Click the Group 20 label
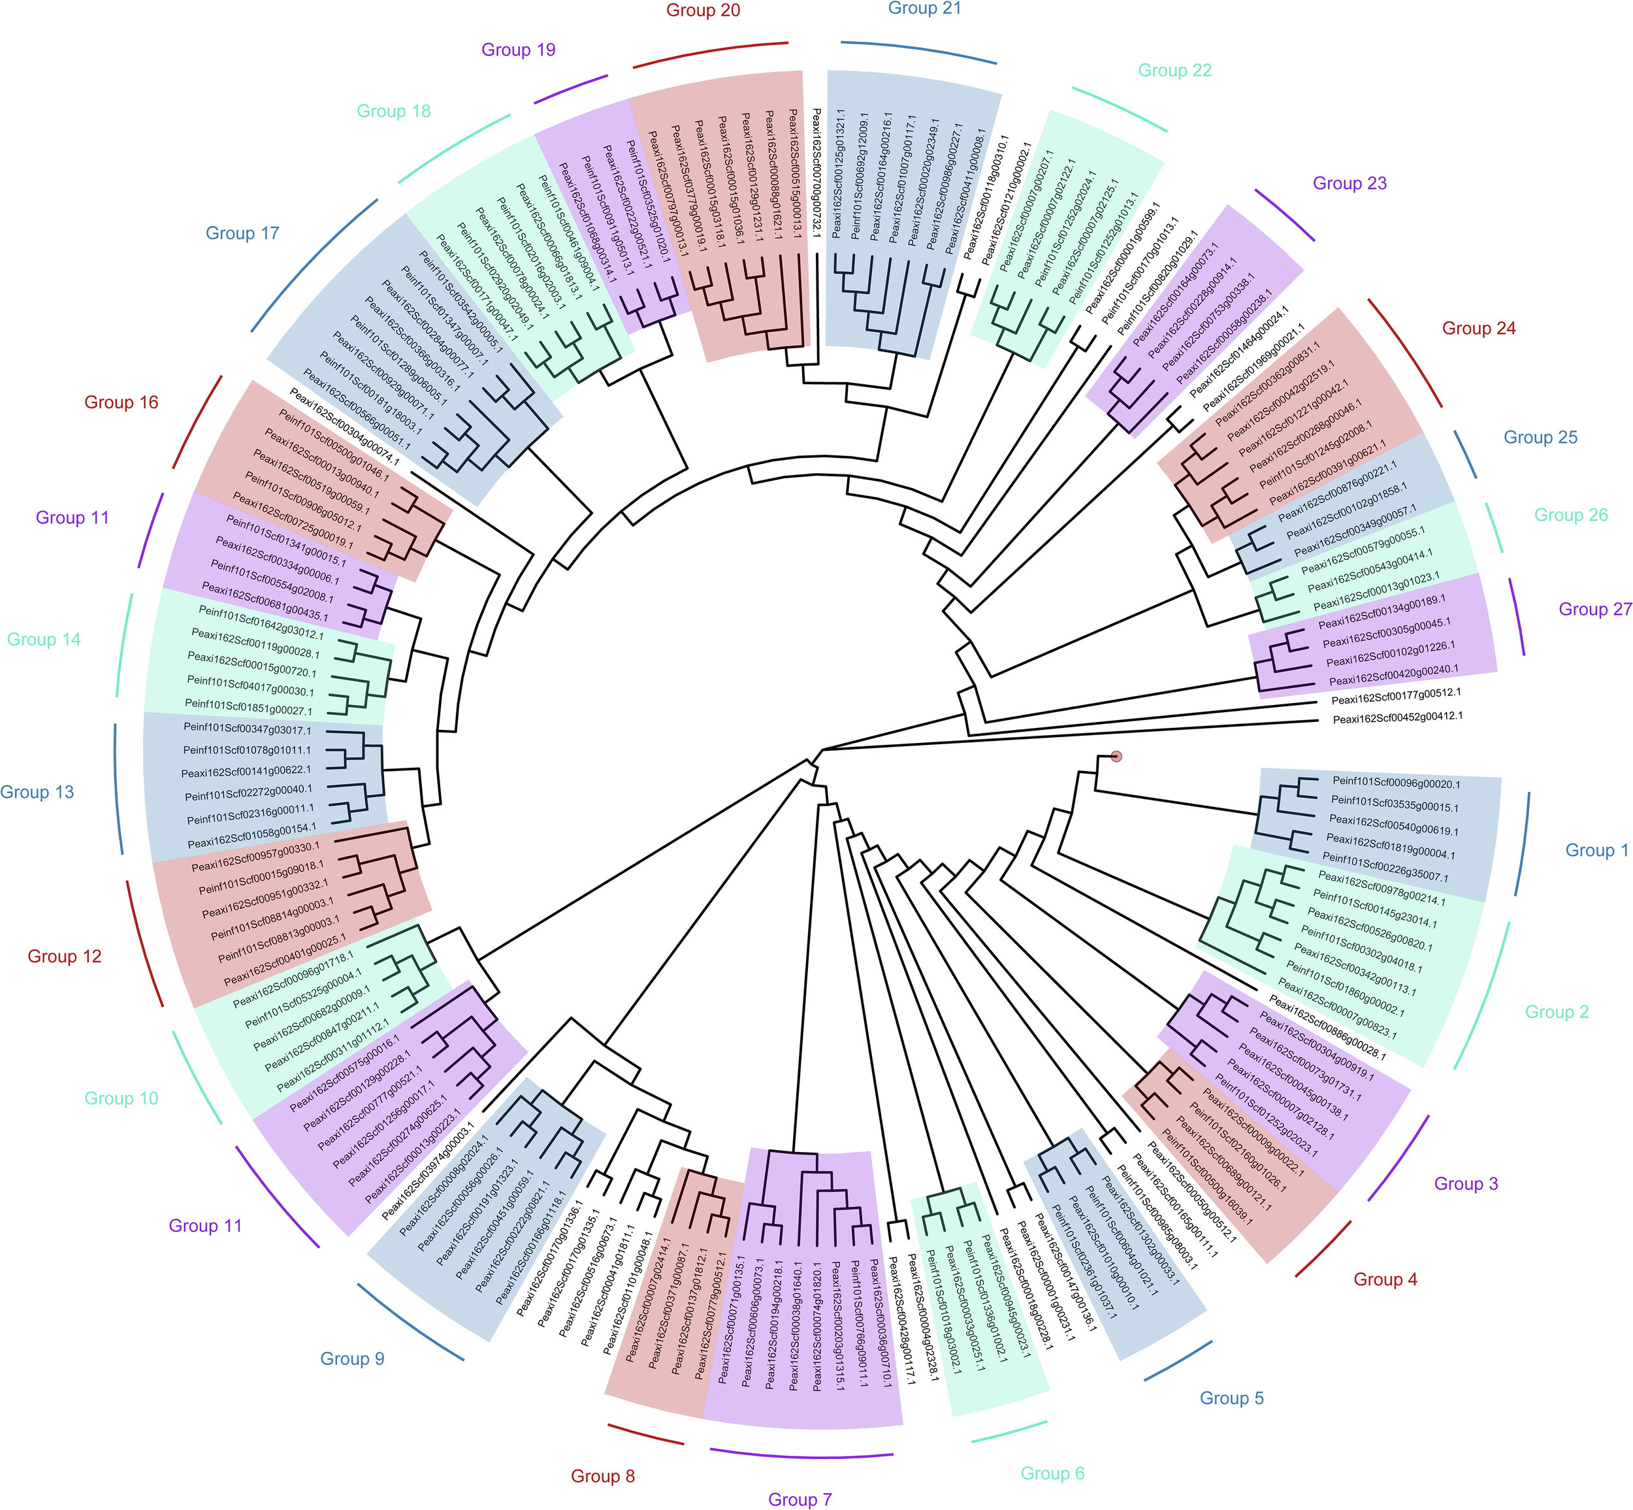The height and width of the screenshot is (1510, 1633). click(703, 10)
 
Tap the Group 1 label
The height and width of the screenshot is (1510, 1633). click(1596, 850)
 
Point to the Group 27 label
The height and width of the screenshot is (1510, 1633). click(1594, 609)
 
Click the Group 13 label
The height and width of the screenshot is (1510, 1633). click(37, 792)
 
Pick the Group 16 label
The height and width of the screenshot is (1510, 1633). click(121, 402)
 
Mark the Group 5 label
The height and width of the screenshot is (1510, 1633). click(1231, 1398)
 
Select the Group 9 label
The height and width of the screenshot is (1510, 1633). click(352, 1358)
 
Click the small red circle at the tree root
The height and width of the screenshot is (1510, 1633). click(1116, 757)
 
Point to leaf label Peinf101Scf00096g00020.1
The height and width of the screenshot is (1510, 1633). click(1396, 783)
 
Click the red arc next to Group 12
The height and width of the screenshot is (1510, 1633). click(143, 945)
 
